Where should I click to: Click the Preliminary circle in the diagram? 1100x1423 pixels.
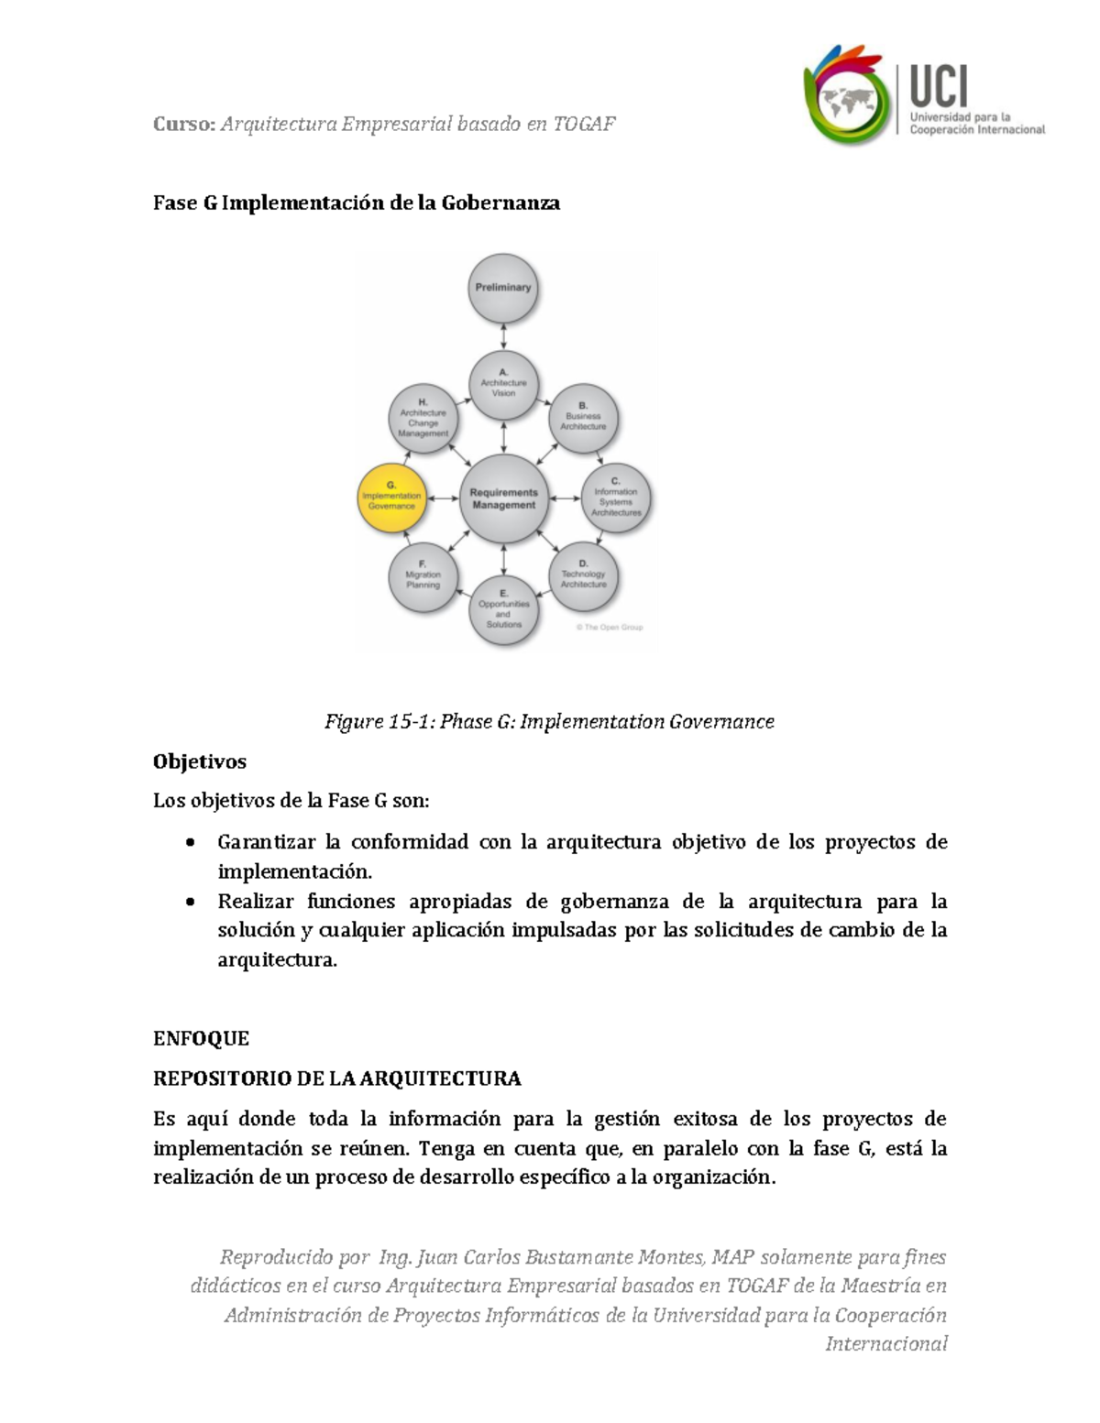coord(503,289)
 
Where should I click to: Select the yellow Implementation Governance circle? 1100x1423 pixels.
coord(391,499)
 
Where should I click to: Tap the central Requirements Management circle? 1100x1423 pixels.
coord(503,499)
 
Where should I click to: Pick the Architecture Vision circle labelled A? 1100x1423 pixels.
coord(503,384)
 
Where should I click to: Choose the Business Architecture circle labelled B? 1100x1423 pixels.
coord(584,418)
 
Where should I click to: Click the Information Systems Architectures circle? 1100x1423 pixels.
coord(616,499)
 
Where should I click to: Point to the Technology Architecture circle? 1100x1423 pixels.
coord(584,576)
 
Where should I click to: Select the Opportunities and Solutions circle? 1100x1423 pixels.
coord(503,611)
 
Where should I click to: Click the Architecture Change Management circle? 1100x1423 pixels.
coord(423,419)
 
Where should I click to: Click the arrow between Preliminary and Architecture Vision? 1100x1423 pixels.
coord(503,336)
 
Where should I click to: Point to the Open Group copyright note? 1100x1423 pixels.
coord(610,628)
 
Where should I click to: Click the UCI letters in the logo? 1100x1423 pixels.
coord(939,87)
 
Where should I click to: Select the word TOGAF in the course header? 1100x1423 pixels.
coord(584,124)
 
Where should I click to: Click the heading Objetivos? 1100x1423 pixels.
coord(200,761)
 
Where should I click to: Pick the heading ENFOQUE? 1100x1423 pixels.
coord(201,1038)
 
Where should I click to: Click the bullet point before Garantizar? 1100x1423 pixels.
coord(190,842)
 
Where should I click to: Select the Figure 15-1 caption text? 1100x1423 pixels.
coord(549,722)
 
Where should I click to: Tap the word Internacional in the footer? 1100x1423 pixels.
coord(885,1344)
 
